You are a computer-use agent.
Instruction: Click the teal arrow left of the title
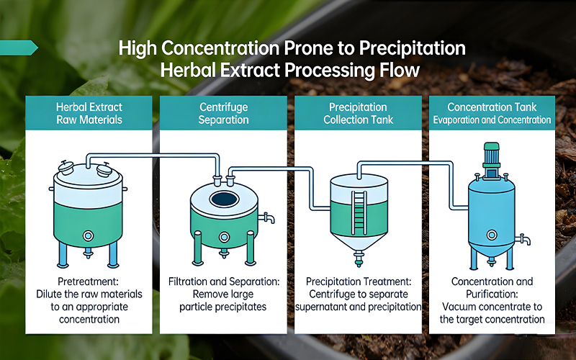pos(19,48)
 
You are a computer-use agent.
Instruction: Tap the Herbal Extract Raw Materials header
pos(89,113)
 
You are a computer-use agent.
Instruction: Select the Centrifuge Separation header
pos(223,113)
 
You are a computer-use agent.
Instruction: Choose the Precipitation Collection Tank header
pos(358,113)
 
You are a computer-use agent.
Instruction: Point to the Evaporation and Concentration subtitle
pos(492,120)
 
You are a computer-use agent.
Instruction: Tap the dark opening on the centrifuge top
pos(224,199)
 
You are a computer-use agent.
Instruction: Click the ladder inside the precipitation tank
pos(359,212)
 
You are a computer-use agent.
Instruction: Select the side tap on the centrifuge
pos(266,218)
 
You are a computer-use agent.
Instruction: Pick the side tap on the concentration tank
pos(523,240)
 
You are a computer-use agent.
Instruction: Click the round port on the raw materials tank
pos(88,235)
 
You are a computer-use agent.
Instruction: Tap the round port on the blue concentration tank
pos(492,235)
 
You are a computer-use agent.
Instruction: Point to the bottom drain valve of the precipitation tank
pos(359,257)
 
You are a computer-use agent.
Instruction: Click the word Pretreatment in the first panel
pos(88,282)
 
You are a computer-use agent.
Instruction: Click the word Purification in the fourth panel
pos(492,294)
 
